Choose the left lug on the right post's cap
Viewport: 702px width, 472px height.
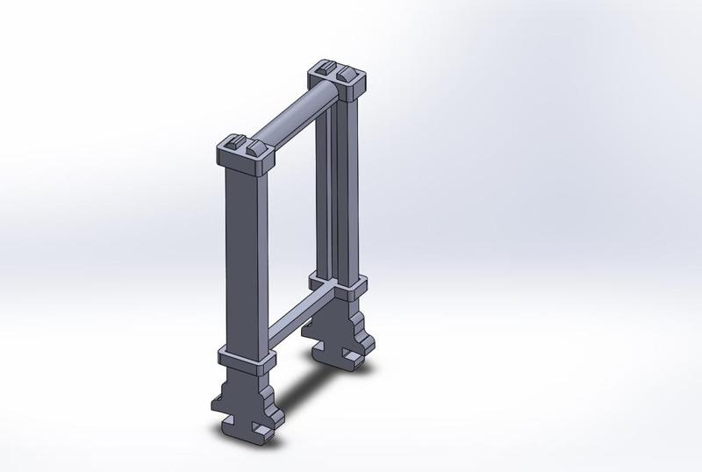point(325,68)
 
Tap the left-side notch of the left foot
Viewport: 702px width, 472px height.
point(217,405)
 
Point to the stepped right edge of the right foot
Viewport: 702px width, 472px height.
point(374,338)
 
